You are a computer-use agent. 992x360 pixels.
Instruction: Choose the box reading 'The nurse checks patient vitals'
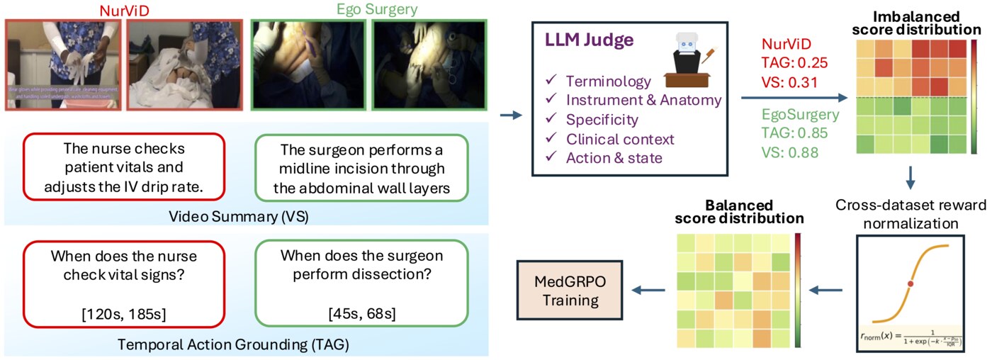125,169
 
